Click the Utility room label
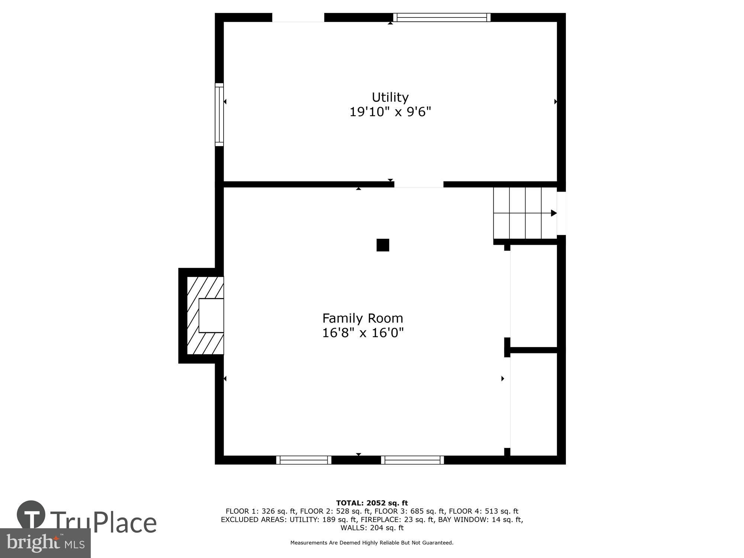(x=390, y=97)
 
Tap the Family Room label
(x=363, y=318)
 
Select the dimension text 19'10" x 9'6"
(x=390, y=112)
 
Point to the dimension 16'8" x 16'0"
(x=363, y=333)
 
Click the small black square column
(x=383, y=245)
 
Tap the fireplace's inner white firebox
(x=211, y=315)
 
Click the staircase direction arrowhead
(x=554, y=213)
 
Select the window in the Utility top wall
(x=442, y=17)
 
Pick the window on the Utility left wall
(x=219, y=115)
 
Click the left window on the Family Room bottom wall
(x=304, y=460)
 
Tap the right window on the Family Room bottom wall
(x=412, y=460)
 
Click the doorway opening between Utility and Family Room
(x=419, y=185)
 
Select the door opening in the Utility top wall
(x=298, y=17)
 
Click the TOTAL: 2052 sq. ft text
(x=372, y=503)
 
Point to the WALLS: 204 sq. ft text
(x=372, y=527)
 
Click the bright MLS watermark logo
(x=45, y=543)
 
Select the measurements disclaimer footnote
(x=372, y=543)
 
